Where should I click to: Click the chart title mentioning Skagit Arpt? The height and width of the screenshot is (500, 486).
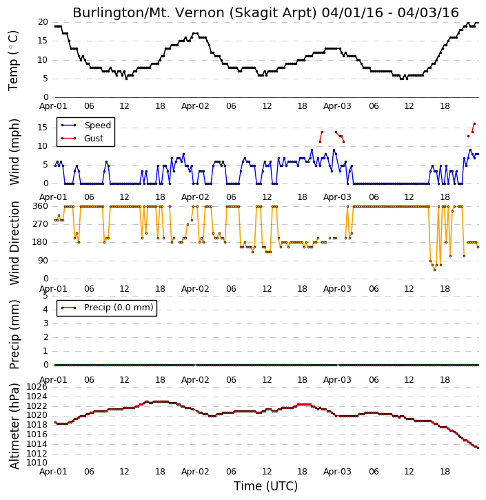[x=265, y=12]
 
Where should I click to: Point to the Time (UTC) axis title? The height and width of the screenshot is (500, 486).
[x=265, y=486]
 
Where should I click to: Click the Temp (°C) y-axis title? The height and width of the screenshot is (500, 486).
[x=13, y=61]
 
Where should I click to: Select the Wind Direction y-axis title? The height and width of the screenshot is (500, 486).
[x=14, y=243]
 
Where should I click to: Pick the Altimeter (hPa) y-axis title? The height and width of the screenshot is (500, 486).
[x=14, y=426]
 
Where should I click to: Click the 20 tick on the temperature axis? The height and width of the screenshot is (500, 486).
[x=43, y=22]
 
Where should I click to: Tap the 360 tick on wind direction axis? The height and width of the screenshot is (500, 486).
[x=41, y=206]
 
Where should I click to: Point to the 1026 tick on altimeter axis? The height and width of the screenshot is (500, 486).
[x=37, y=387]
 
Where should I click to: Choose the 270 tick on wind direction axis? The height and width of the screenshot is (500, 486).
[x=41, y=224]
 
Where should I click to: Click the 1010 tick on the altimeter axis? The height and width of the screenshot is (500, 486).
[x=37, y=463]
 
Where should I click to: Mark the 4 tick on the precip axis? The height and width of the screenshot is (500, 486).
[x=45, y=310]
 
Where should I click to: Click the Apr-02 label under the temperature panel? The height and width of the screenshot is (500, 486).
[x=195, y=106]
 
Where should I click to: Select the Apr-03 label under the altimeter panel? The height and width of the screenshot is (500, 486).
[x=337, y=472]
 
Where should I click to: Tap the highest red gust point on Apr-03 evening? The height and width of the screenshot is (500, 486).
[x=474, y=123]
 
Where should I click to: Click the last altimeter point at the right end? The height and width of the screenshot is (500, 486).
[x=478, y=448]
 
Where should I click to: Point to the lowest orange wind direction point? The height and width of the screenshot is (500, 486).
[x=434, y=270]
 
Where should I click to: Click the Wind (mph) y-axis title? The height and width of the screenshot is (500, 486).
[x=14, y=152]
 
